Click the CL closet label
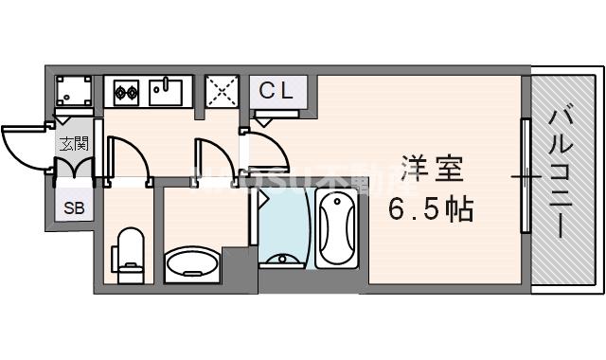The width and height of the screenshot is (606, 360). pos(277,91)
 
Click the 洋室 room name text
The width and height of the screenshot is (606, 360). pos(430,171)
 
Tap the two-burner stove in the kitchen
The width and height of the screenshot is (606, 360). pos(127,91)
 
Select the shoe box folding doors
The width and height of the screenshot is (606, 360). pos(73,169)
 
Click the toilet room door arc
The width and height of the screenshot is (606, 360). pos(123,159)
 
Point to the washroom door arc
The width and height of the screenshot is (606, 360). pos(209,158)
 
